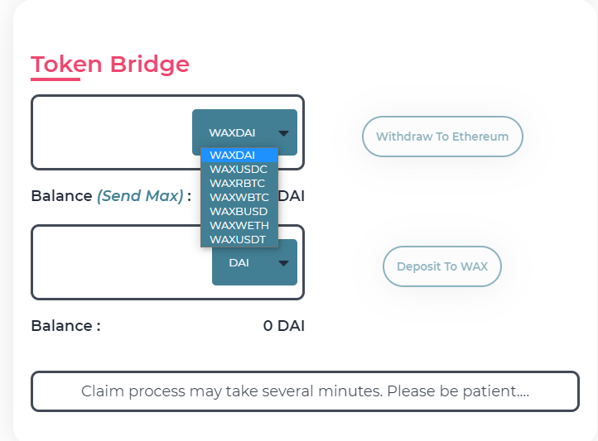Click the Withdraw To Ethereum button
point(442,137)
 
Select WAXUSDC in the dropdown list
point(239,169)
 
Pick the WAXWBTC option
point(239,197)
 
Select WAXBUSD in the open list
point(239,211)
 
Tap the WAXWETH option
point(239,225)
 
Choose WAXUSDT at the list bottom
point(238,240)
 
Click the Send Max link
point(140,196)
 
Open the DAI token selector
point(254,262)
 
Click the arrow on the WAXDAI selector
point(283,133)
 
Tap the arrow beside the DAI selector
point(283,263)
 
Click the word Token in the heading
point(66,64)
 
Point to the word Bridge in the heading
point(150,64)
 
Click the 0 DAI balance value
point(284,326)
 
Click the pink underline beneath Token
point(55,79)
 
